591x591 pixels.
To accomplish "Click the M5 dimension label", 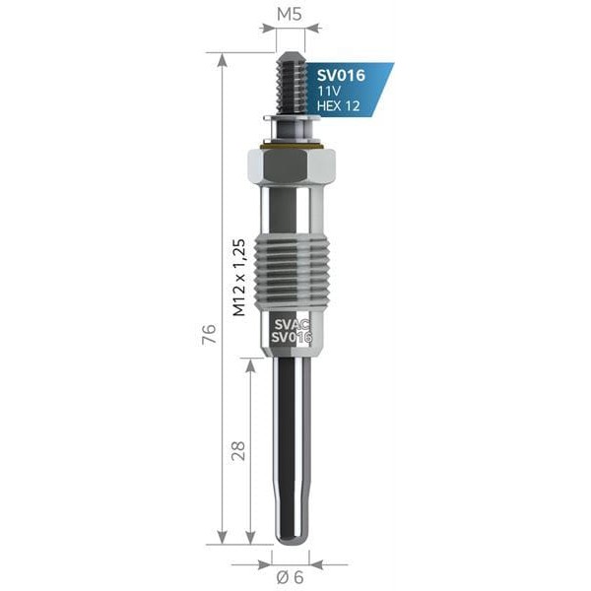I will (x=289, y=15).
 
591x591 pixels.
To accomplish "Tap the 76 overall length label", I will (x=208, y=335).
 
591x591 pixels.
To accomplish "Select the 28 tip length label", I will (x=237, y=450).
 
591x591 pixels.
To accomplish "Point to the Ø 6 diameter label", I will (x=292, y=577).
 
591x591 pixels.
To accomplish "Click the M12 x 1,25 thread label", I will (x=238, y=276).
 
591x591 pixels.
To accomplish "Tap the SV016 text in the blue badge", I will (x=341, y=75).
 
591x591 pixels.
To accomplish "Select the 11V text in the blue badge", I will (x=328, y=91).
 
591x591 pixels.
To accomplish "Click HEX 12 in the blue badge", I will (x=338, y=105).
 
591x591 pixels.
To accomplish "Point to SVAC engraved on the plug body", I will (x=291, y=322).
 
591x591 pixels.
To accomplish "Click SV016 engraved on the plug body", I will (x=291, y=337).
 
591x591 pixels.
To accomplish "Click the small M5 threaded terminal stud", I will (x=291, y=84).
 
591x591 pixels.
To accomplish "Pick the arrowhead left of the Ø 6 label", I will (x=264, y=564).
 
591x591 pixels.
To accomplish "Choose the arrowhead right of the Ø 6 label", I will (x=316, y=564).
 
